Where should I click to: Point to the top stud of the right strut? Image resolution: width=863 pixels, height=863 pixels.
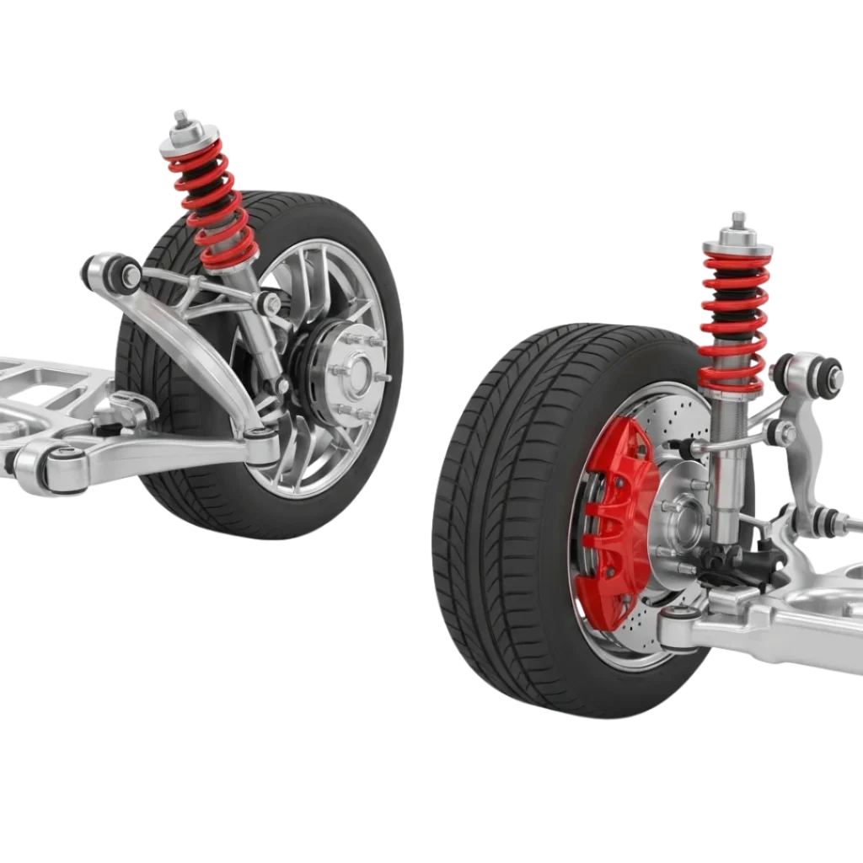[738, 221]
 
